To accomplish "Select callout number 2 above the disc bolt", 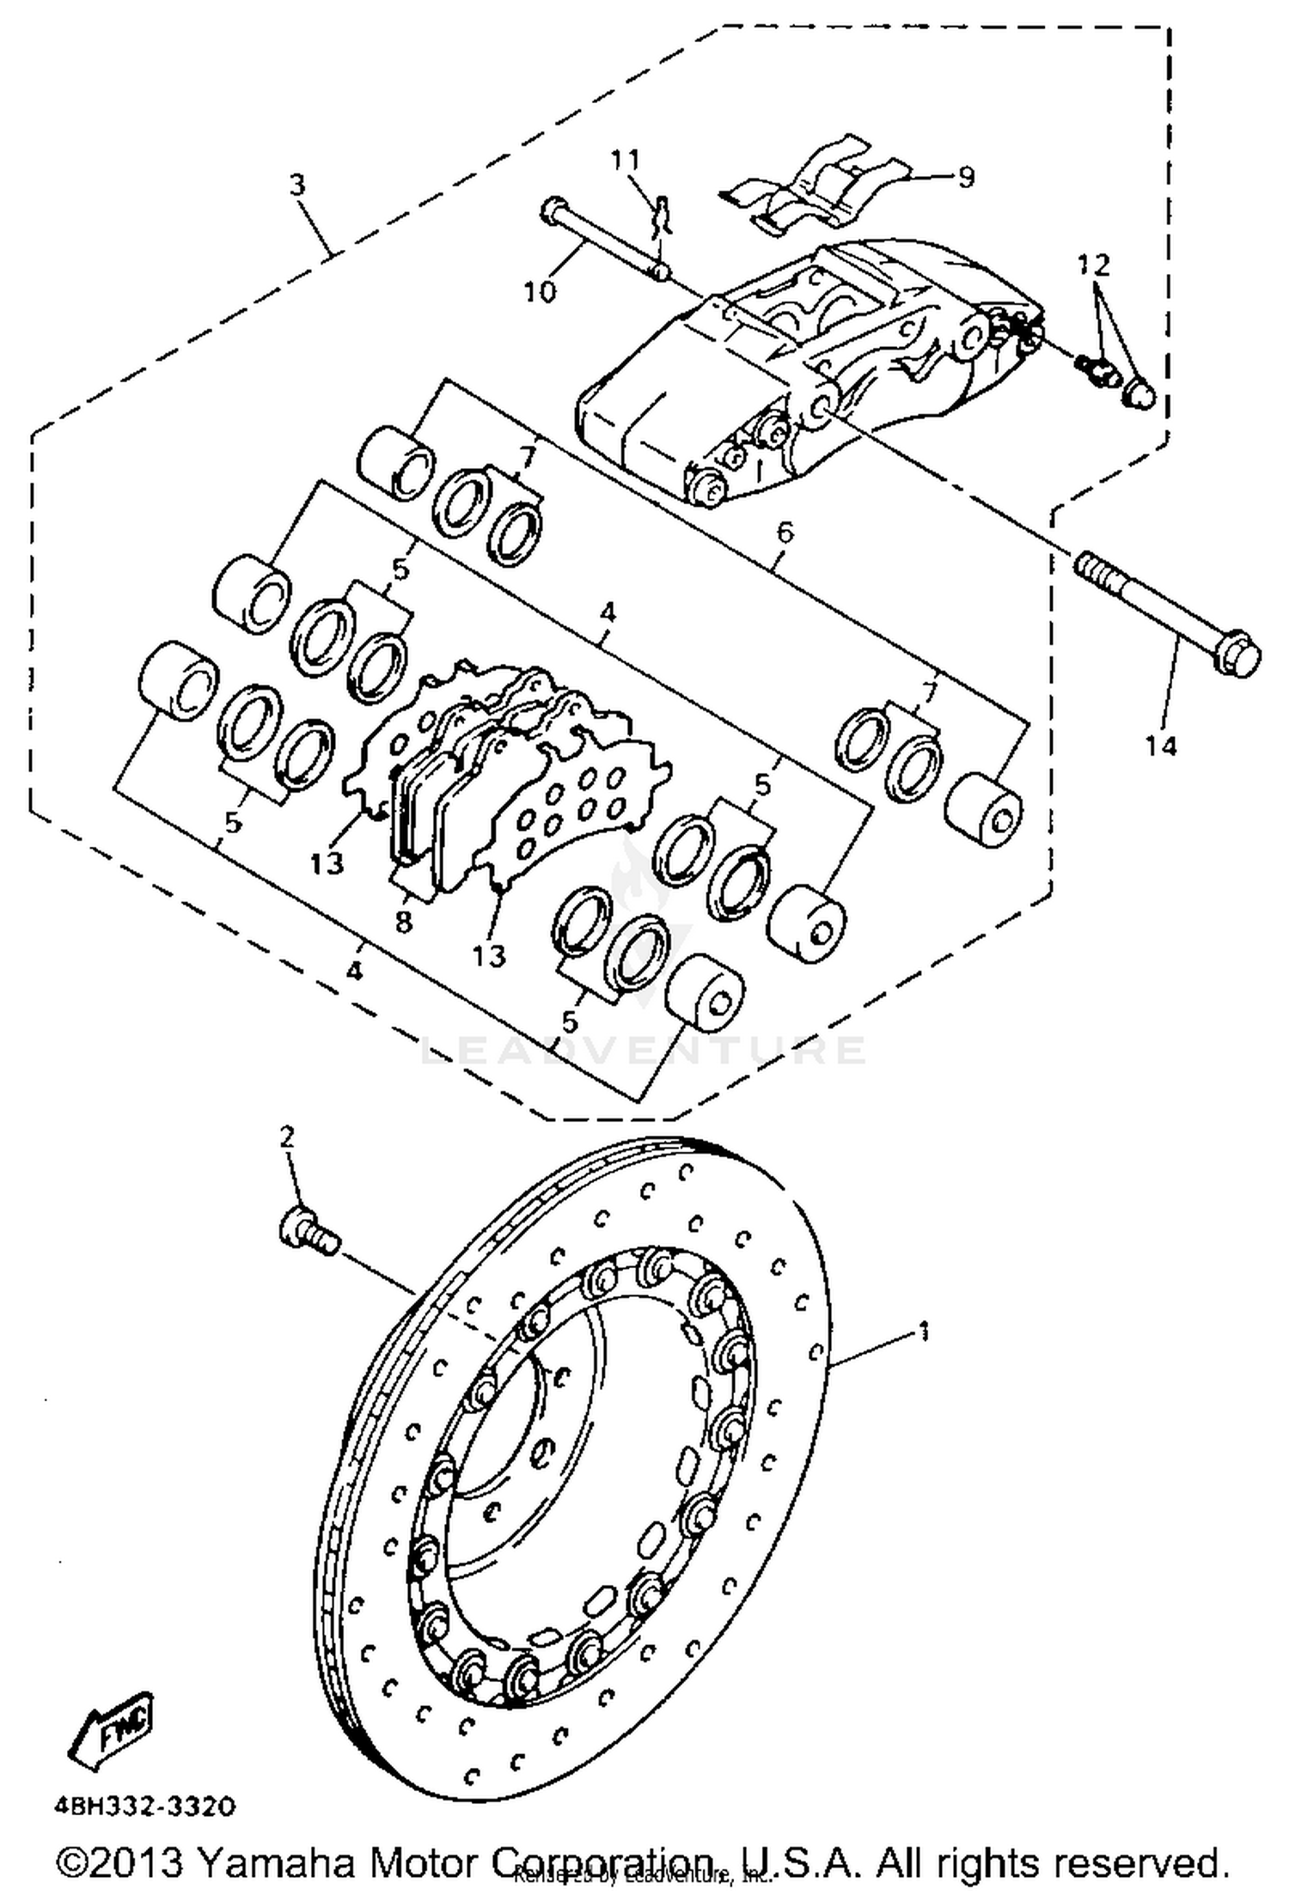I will coord(287,1137).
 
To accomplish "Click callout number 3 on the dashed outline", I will coord(297,185).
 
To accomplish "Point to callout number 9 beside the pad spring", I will coord(966,178).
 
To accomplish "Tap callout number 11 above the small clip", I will coord(626,160).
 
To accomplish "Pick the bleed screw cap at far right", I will coord(1140,393).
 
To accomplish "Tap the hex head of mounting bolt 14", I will coord(1238,658).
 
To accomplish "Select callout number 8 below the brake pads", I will coord(404,923).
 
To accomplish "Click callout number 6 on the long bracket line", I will coord(785,533).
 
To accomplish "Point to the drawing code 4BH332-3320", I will coord(144,1807).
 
